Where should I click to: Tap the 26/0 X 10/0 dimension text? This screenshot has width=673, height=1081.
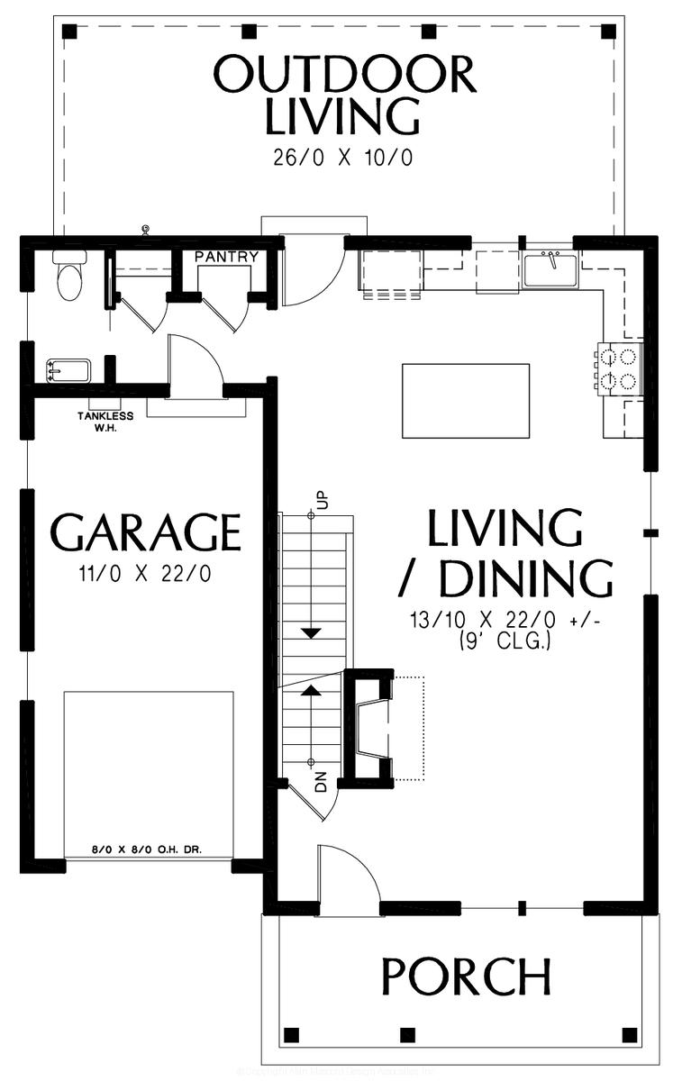tap(342, 158)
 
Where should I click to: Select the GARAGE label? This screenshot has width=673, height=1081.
tap(147, 532)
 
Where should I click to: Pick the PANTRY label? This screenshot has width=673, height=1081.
tap(226, 257)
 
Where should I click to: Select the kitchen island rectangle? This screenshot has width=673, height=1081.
tap(465, 400)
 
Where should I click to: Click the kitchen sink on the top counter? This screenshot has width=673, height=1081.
tap(550, 270)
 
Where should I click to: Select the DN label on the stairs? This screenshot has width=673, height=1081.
tap(320, 780)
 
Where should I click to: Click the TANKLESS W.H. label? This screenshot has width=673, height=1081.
tap(105, 422)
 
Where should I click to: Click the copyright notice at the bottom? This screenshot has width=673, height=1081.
tap(336, 1071)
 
